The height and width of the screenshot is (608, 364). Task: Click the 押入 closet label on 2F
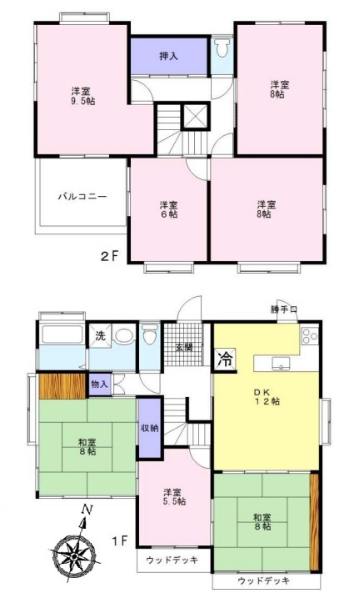[x=169, y=56]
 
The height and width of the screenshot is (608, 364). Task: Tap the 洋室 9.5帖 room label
[x=82, y=97]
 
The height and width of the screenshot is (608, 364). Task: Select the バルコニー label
[x=82, y=197]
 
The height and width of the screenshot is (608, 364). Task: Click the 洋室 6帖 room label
[x=169, y=209]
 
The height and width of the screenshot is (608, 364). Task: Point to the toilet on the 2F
[x=222, y=48]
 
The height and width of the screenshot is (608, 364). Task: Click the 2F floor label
[x=109, y=256]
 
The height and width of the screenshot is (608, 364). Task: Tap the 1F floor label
[x=119, y=540]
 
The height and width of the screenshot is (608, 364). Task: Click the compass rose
[x=74, y=555]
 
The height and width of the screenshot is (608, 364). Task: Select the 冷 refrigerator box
[x=225, y=359]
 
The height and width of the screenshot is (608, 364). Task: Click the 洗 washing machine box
[x=100, y=335]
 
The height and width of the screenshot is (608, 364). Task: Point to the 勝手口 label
[x=284, y=309]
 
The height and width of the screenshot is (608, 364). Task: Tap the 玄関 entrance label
[x=183, y=347]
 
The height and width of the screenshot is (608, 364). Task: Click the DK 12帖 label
[x=267, y=397]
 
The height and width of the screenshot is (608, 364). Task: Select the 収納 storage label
[x=149, y=428]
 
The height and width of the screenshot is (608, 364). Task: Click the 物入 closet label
[x=99, y=384]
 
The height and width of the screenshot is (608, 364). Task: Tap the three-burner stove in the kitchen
[x=310, y=336]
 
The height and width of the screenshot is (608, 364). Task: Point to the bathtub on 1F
[x=62, y=335]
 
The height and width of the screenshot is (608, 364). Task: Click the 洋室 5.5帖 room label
[x=174, y=497]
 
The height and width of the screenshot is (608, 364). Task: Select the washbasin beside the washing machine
[x=124, y=337]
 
